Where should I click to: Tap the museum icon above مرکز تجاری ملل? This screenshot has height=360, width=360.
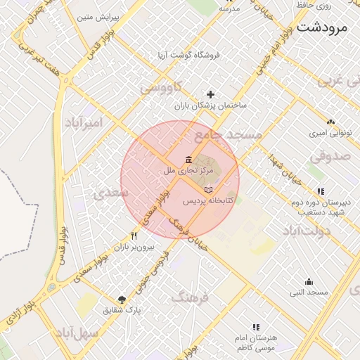pyautogui.click(x=188, y=159)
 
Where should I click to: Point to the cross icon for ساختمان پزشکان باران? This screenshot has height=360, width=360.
pyautogui.click(x=210, y=94)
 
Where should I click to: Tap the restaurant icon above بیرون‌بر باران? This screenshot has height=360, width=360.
pyautogui.click(x=134, y=236)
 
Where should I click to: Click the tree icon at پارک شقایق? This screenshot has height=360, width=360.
pyautogui.click(x=122, y=300)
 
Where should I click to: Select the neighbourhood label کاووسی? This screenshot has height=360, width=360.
pyautogui.click(x=161, y=88)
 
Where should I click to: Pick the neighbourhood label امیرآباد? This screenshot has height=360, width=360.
pyautogui.click(x=84, y=123)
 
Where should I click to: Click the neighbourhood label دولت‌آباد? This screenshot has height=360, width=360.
pyautogui.click(x=307, y=231)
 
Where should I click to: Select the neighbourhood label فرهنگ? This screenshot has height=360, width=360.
pyautogui.click(x=190, y=298)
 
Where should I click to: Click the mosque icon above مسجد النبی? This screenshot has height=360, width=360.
pyautogui.click(x=309, y=282)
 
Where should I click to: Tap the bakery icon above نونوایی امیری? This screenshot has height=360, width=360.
pyautogui.click(x=330, y=121)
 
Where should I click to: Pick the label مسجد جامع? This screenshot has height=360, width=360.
pyautogui.click(x=229, y=134)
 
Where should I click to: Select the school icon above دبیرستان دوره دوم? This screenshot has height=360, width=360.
pyautogui.click(x=321, y=191)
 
